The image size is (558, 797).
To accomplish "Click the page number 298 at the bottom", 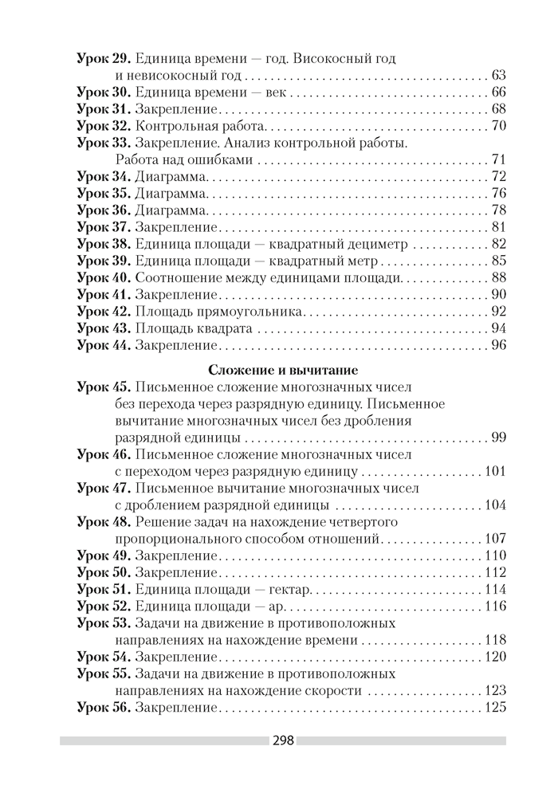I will click(284, 740).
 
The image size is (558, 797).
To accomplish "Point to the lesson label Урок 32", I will click(104, 126).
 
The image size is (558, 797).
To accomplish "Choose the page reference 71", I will click(500, 159).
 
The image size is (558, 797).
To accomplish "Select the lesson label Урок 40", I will click(104, 277).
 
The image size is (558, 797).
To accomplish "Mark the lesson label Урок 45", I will click(104, 387).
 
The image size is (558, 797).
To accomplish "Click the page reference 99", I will click(500, 438).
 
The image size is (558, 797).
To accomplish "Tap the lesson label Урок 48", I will click(104, 522).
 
